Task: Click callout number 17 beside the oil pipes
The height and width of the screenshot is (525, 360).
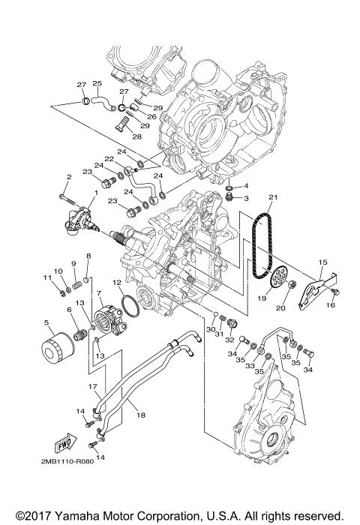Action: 94,387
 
